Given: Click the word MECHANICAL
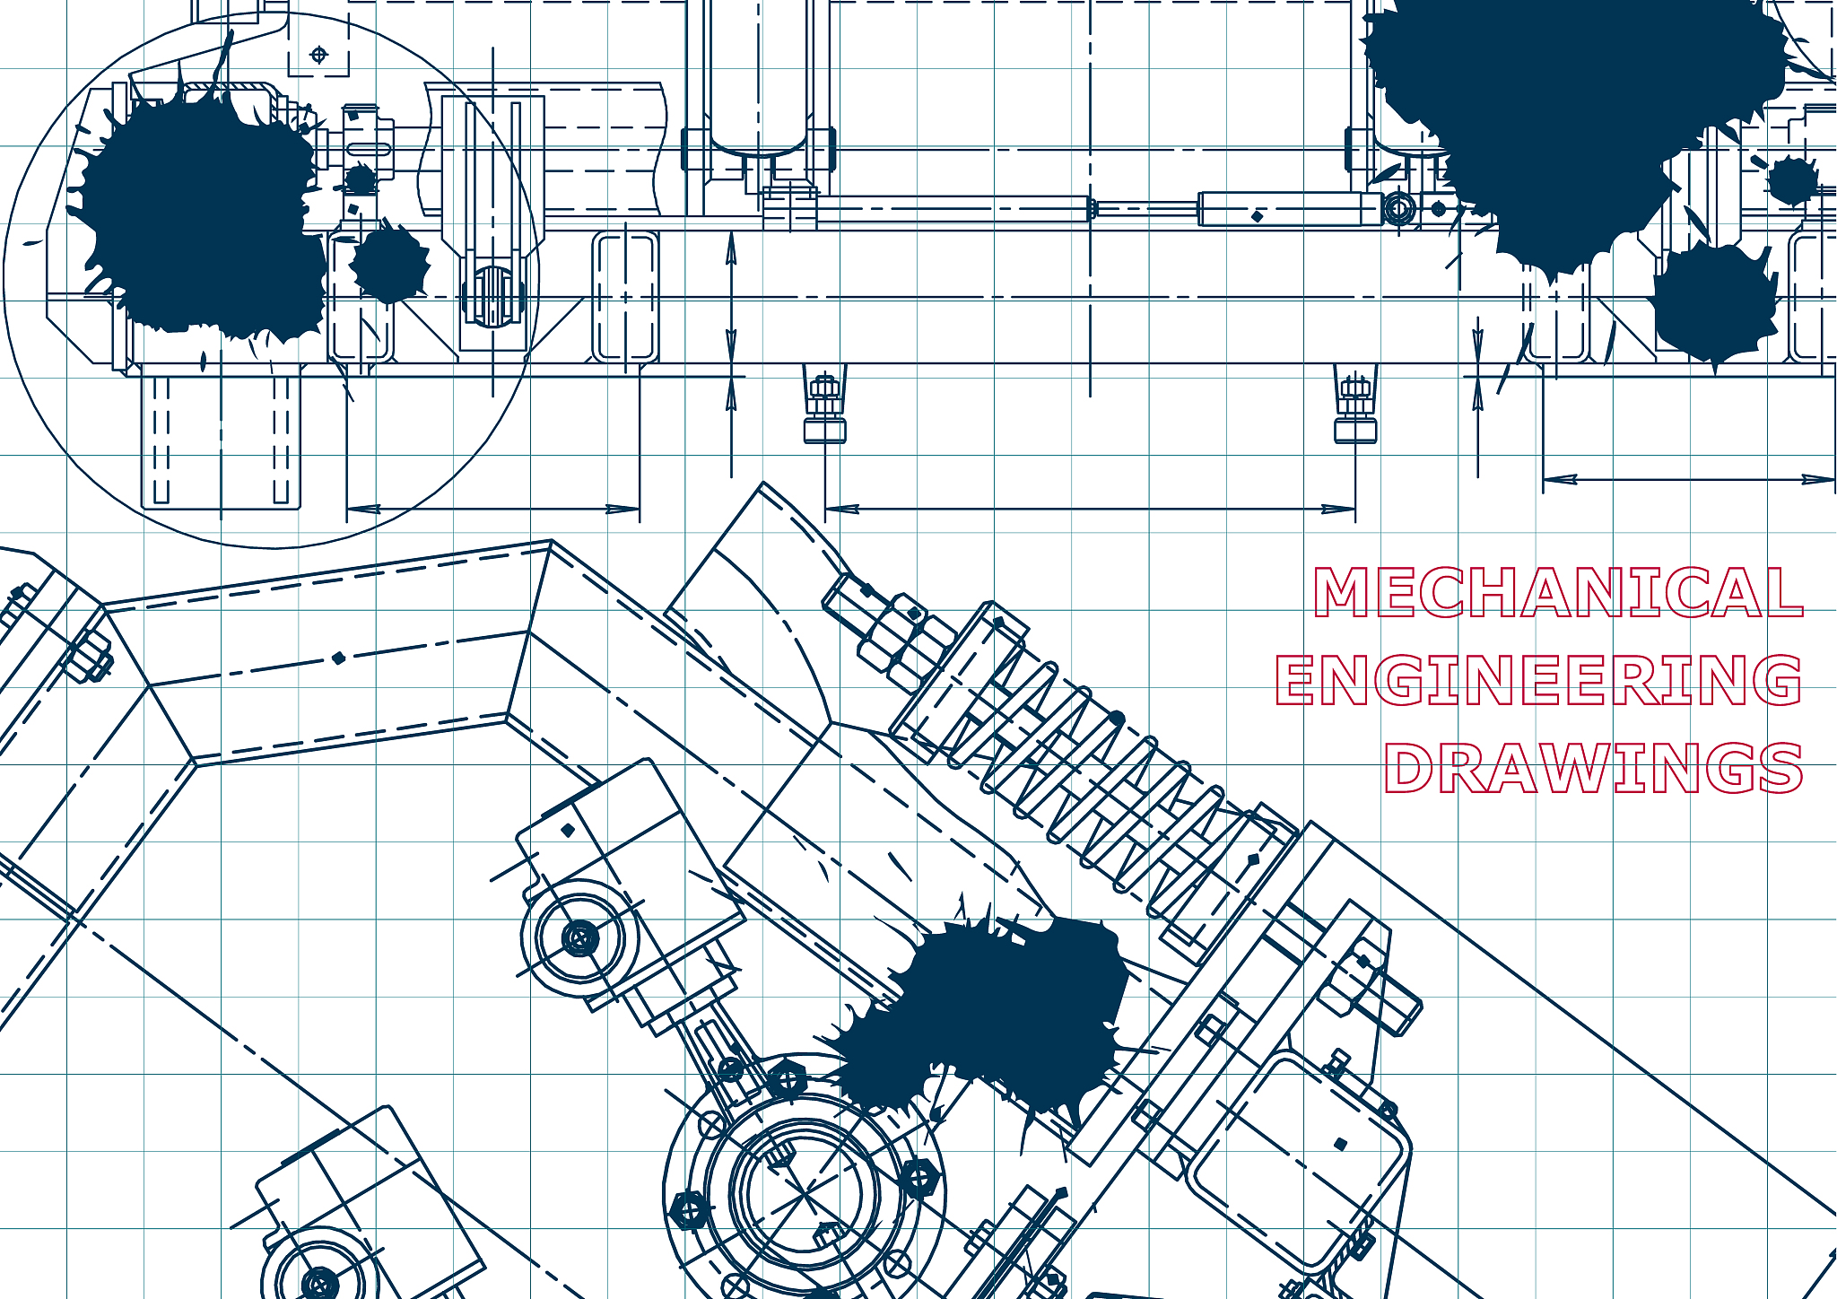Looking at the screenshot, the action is (1559, 592).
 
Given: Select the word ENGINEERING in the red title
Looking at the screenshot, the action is (1539, 679).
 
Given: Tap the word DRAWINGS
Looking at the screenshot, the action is (1593, 768).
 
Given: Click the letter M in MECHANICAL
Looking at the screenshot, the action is (1343, 592).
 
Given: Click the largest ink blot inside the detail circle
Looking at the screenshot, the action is (202, 215).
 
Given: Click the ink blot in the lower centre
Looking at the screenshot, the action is (996, 1014).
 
